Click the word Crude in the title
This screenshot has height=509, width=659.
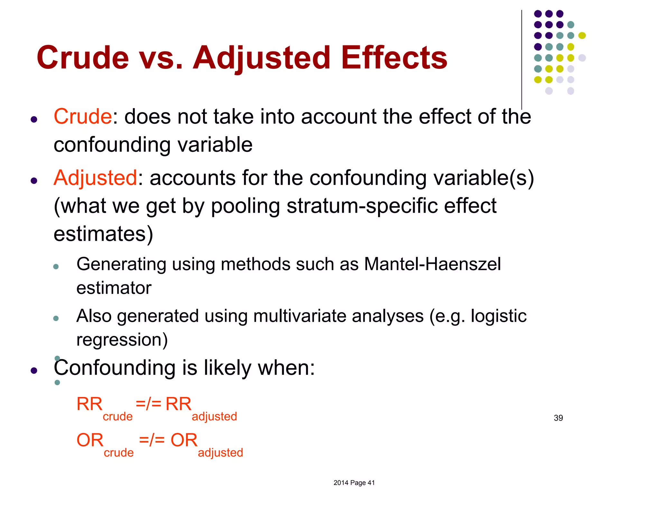83,58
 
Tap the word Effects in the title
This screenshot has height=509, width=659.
394,58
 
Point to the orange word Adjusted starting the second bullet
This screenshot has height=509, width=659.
95,178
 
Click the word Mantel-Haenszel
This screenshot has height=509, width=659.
432,264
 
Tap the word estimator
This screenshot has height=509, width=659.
114,288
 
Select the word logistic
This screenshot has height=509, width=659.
498,316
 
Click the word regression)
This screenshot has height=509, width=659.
122,340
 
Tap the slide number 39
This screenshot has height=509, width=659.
558,418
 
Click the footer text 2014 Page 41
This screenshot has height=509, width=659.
354,483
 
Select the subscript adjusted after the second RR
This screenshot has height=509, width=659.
214,417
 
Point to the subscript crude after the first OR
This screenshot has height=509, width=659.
118,453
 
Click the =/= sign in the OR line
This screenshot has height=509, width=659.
152,440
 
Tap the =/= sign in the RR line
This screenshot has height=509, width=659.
148,403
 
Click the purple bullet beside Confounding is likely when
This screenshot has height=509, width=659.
34,371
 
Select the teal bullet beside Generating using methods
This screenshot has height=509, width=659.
56,266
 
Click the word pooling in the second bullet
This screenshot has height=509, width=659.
245,206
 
